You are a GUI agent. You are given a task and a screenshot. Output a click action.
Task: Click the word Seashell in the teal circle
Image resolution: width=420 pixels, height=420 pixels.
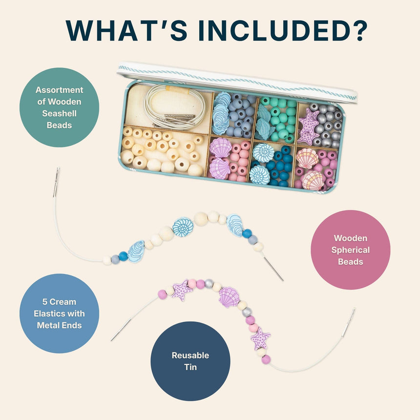(59, 114)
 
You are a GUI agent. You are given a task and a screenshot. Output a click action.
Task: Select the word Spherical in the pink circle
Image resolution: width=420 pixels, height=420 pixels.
(350, 250)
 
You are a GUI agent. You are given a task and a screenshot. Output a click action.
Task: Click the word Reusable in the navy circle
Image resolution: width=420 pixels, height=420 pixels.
(190, 355)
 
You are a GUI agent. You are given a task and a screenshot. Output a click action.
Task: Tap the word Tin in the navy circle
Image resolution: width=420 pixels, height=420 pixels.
(190, 367)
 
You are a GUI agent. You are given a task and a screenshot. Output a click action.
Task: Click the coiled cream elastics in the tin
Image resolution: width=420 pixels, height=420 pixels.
(174, 107)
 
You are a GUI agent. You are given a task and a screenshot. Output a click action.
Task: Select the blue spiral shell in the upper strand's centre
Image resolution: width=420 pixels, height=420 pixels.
(183, 228)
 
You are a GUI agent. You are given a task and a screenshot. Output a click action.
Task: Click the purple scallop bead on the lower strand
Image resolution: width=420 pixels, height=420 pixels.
(229, 297)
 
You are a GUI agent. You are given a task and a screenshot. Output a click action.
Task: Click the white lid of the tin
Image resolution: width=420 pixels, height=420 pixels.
(237, 82)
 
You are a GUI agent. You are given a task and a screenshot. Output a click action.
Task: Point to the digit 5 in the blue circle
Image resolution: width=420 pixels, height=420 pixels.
(45, 302)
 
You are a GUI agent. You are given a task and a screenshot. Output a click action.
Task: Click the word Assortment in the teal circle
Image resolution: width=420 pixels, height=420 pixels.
(59, 90)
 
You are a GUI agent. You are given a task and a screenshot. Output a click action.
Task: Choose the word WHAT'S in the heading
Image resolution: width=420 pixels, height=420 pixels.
(126, 31)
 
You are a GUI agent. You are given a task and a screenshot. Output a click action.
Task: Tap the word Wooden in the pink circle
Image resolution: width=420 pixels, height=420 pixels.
(350, 238)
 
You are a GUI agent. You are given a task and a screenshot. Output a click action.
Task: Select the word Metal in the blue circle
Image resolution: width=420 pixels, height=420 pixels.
(48, 325)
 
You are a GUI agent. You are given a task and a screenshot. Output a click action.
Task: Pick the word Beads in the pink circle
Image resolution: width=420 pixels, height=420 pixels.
(350, 262)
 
